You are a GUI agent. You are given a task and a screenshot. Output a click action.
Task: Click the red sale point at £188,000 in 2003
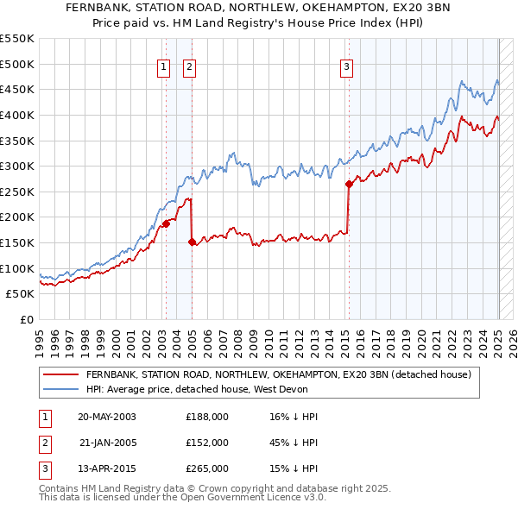click(x=165, y=223)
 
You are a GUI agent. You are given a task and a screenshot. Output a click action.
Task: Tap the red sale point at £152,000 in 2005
click(x=191, y=242)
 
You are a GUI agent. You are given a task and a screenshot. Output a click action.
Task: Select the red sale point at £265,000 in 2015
click(x=348, y=184)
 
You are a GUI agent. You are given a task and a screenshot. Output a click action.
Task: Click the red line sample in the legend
click(x=60, y=375)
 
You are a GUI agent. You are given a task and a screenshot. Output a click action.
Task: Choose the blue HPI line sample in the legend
click(x=60, y=389)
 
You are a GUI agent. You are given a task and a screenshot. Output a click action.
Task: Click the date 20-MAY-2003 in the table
click(x=107, y=417)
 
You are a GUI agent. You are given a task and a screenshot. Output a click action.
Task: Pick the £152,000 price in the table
click(x=207, y=443)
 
